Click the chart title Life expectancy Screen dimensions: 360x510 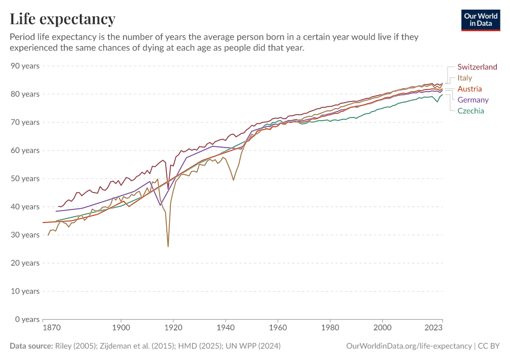tap(62, 19)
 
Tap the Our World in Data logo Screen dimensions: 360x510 tap(481, 20)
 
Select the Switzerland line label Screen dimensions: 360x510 tap(477, 67)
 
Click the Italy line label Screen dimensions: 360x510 tap(464, 78)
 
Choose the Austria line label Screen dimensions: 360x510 tap(469, 89)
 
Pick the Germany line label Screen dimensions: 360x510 tap(473, 100)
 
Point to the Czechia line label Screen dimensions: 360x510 tap(470, 110)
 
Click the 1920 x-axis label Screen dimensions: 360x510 tap(173, 329)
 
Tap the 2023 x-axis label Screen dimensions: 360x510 tap(434, 329)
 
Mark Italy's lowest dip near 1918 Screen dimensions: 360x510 tap(168, 246)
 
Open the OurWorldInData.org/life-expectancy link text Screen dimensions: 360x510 tap(409, 346)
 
